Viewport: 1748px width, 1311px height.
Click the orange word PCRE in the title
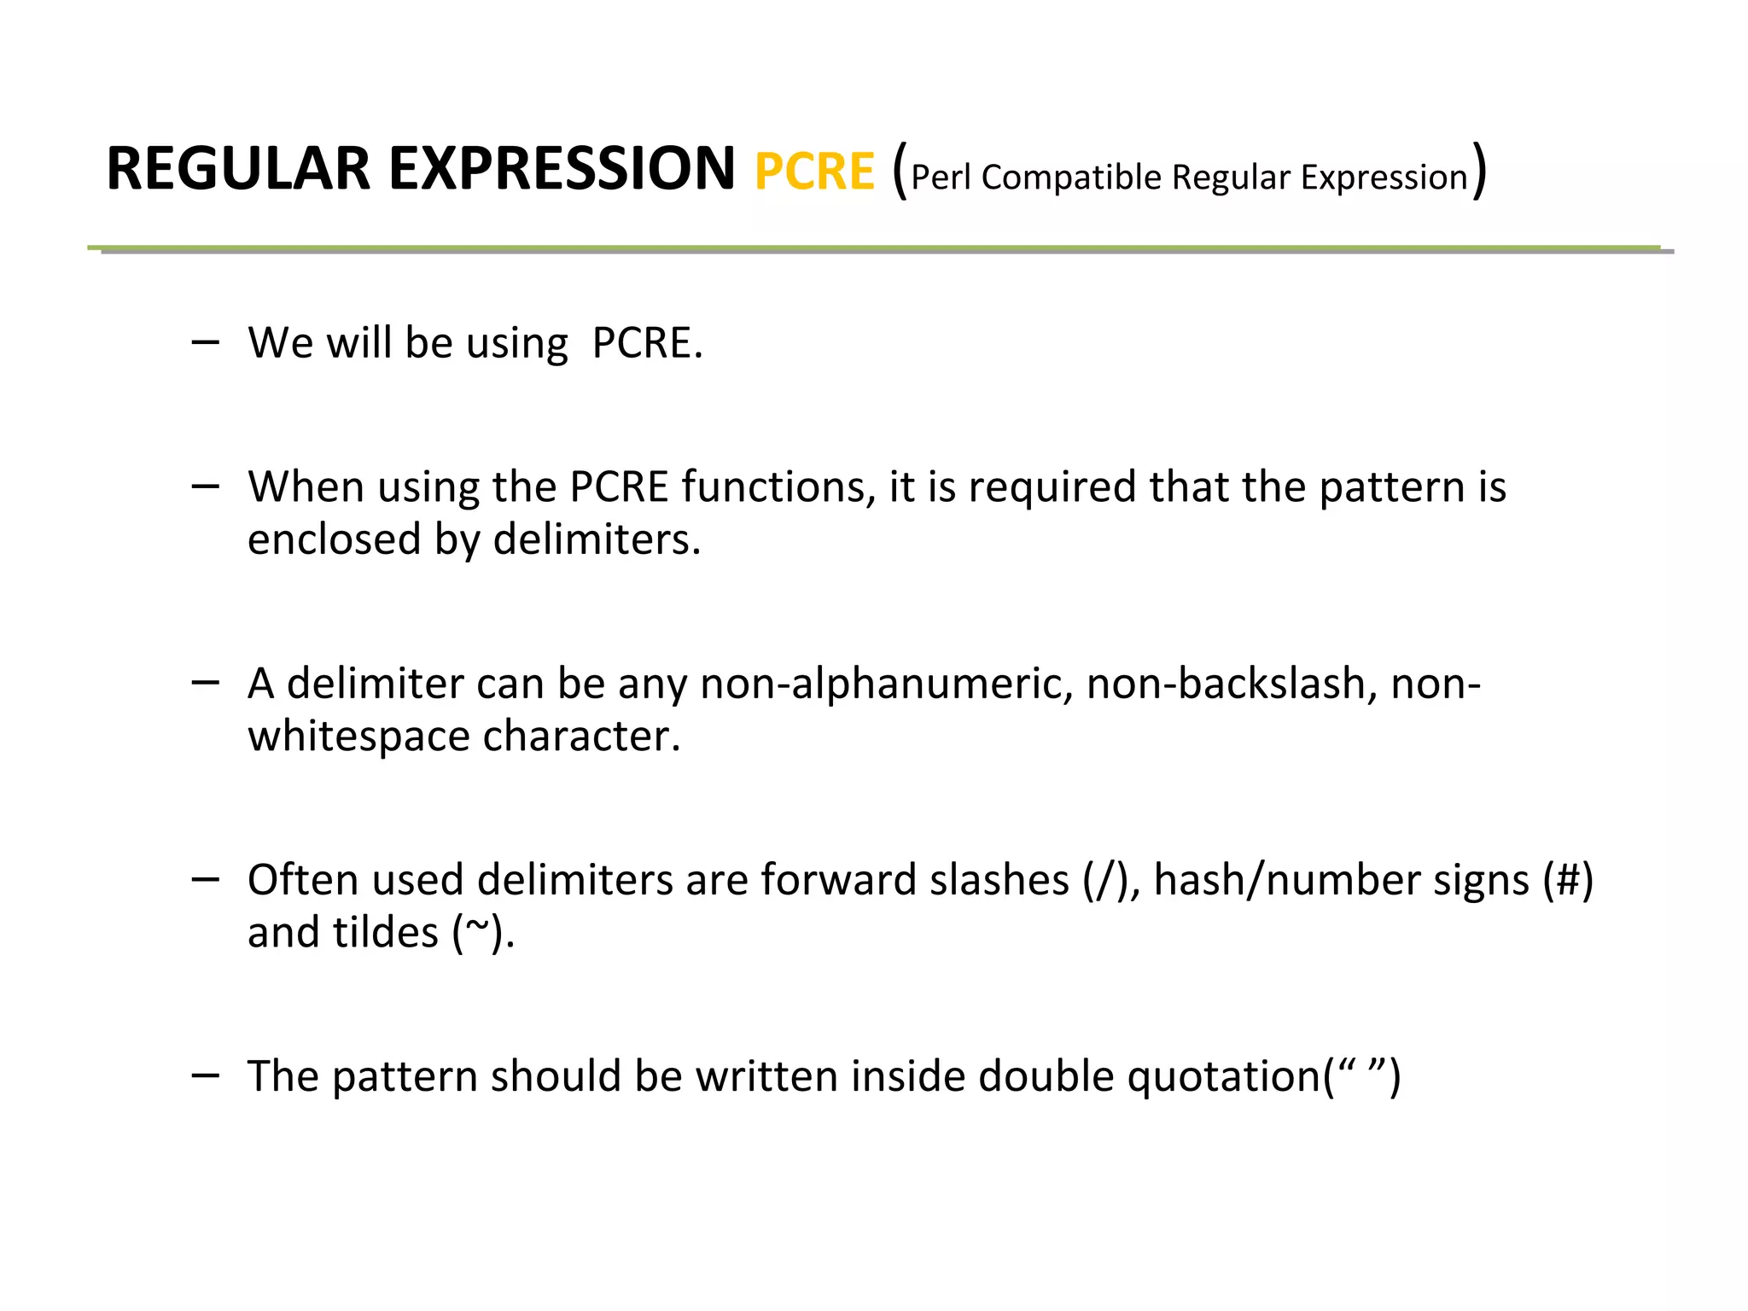(814, 172)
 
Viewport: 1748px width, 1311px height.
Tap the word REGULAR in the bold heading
(238, 169)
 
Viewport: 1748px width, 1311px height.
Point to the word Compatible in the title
(1071, 178)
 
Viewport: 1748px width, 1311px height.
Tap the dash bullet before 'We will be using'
(206, 342)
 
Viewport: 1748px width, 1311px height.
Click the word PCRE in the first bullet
(647, 343)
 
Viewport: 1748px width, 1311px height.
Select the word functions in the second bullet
(778, 487)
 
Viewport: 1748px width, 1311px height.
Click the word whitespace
(358, 737)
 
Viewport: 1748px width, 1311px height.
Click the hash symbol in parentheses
(1568, 880)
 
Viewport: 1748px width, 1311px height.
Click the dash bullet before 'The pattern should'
(206, 1075)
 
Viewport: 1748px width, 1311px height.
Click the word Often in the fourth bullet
(302, 879)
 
